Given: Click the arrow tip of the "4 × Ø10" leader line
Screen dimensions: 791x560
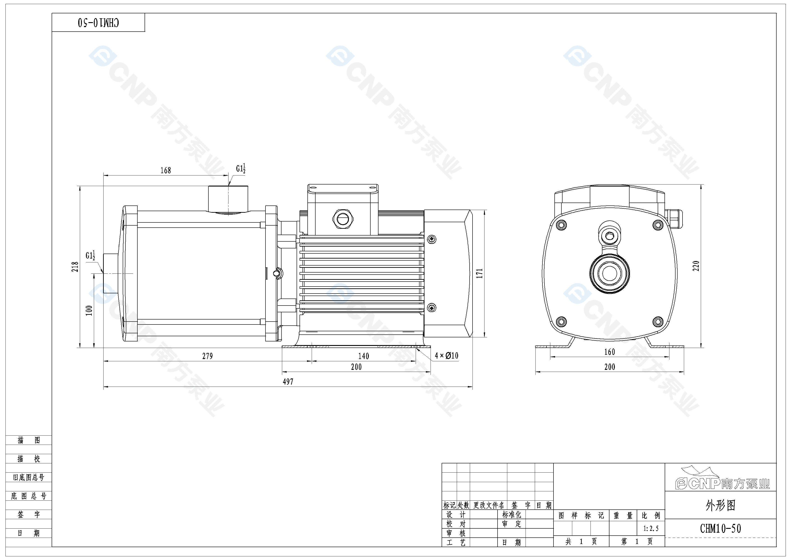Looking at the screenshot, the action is coord(416,349).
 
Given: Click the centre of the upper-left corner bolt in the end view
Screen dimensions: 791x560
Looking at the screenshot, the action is coord(561,225).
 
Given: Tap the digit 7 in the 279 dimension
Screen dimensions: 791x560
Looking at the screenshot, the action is coord(208,356).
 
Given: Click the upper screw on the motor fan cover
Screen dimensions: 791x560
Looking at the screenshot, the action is coord(431,239).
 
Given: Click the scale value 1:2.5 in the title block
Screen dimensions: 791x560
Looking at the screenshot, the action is coord(651,529).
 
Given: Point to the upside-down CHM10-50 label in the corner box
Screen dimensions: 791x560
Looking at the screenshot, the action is coord(99,23).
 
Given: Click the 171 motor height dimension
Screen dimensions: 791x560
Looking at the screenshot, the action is coord(480,273).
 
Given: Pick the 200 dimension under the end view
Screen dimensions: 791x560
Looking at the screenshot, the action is coord(609,367).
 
